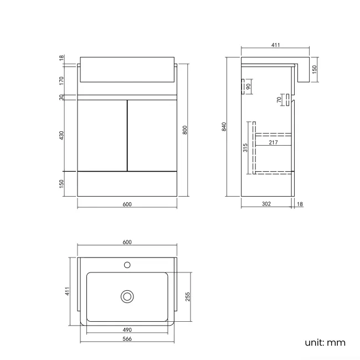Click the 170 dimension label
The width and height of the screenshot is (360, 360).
click(61, 80)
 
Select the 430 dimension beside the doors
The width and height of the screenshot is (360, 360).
click(61, 135)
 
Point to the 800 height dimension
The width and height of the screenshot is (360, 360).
click(185, 130)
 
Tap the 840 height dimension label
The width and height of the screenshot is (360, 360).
click(224, 126)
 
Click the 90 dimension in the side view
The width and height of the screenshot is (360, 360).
click(249, 86)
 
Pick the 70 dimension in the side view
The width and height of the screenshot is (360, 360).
click(279, 100)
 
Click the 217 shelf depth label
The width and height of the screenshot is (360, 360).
click(272, 142)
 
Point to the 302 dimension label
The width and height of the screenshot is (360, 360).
click(266, 204)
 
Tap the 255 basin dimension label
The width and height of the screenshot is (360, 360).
click(188, 296)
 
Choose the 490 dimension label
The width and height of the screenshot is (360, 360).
click(127, 330)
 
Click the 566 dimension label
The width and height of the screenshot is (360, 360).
click(127, 339)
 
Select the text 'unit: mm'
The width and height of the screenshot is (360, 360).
click(325, 342)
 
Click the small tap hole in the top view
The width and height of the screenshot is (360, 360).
click(127, 264)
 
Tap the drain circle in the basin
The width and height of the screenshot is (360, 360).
click(127, 296)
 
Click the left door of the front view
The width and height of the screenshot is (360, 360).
click(102, 135)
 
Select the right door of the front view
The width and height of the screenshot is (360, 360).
click(152, 135)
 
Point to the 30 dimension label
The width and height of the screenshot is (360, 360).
click(61, 97)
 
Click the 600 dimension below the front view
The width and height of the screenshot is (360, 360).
click(127, 204)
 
